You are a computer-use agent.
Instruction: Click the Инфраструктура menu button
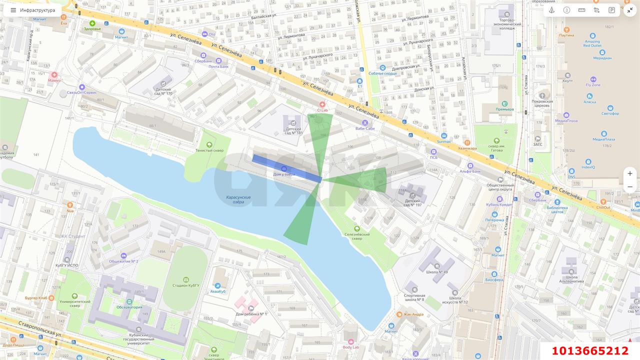[33, 10]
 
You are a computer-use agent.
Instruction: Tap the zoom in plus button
[630, 173]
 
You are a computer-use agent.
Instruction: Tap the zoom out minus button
[630, 187]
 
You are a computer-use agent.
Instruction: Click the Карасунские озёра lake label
[238, 199]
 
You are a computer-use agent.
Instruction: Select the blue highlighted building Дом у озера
[286, 168]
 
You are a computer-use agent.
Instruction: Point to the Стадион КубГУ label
[186, 285]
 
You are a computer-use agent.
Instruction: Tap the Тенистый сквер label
[209, 150]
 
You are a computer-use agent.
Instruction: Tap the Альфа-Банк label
[470, 171]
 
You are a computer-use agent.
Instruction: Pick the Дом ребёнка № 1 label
[251, 314]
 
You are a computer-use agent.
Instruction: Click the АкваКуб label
[218, 291]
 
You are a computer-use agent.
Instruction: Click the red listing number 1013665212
[590, 351]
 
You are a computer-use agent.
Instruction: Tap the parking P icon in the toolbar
[611, 10]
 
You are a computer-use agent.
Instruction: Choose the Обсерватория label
[129, 307]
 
